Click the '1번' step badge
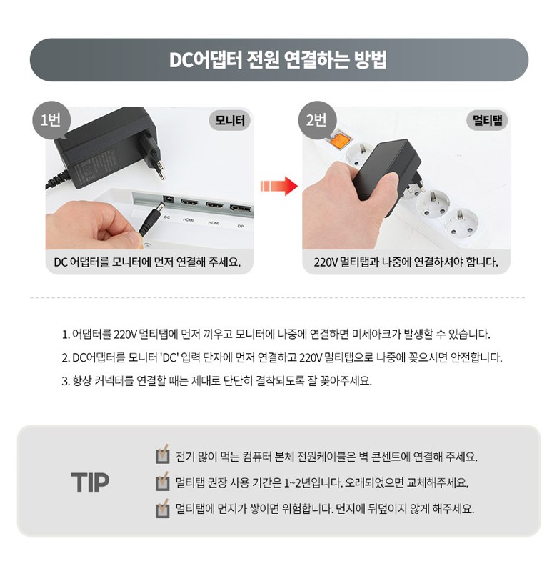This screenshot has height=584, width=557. click(51, 120)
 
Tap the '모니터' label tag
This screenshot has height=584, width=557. click(229, 120)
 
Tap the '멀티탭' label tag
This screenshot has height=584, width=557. click(487, 120)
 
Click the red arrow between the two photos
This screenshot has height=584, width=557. click(279, 185)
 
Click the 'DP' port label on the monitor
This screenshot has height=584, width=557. click(241, 226)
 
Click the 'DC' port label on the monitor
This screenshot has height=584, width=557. click(167, 217)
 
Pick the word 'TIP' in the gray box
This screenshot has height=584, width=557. click(90, 482)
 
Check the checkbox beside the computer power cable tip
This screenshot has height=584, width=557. click(162, 455)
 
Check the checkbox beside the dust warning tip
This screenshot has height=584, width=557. click(162, 508)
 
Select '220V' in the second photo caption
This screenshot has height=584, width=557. click(326, 262)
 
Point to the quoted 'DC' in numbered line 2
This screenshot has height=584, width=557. click(169, 357)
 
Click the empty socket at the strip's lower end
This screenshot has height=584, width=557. click(460, 223)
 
